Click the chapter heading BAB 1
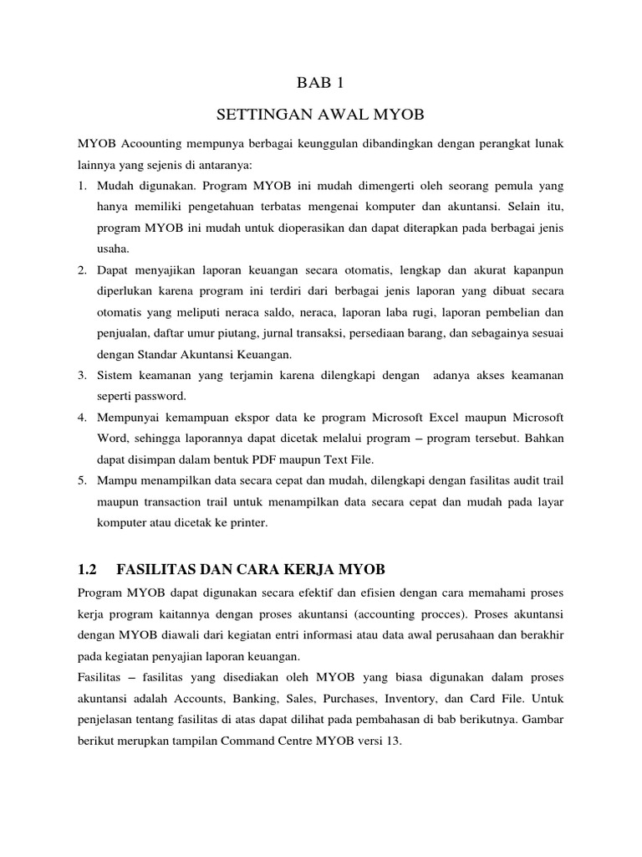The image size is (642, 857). click(320, 82)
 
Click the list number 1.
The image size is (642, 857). click(82, 185)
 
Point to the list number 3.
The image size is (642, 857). click(82, 376)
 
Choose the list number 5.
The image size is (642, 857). click(82, 481)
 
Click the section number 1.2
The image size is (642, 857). click(87, 570)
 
